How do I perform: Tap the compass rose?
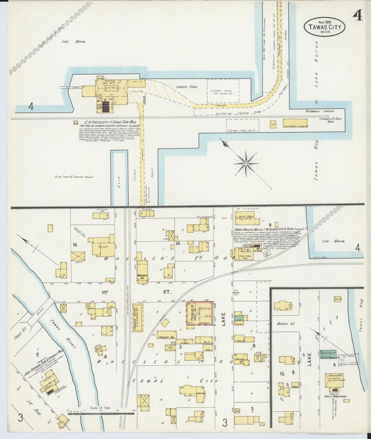point(246,164)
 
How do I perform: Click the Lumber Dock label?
point(187,87)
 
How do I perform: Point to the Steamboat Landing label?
point(319,111)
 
